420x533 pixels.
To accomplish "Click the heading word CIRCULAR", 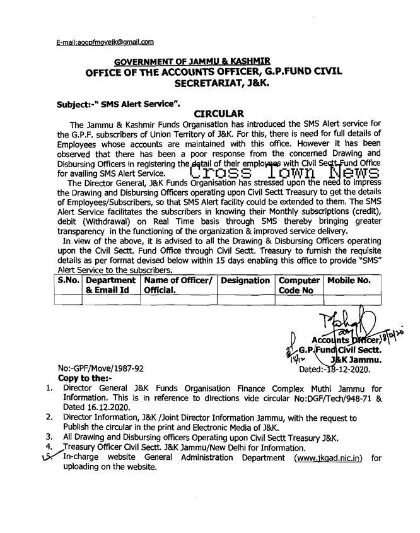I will pyautogui.click(x=217, y=114).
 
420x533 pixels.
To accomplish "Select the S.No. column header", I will pyautogui.click(x=68, y=280).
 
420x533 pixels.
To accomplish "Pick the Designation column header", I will pyautogui.click(x=245, y=280).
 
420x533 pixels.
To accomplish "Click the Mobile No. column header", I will pyautogui.click(x=347, y=280).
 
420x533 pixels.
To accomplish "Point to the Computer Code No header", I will pyautogui.click(x=298, y=285).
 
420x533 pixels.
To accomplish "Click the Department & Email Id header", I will pyautogui.click(x=111, y=285).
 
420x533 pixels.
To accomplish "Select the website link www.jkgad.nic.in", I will pyautogui.click(x=327, y=458).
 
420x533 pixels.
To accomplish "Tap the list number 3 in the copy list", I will pyautogui.click(x=49, y=436).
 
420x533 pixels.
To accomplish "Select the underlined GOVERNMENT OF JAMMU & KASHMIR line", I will pyautogui.click(x=192, y=61).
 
